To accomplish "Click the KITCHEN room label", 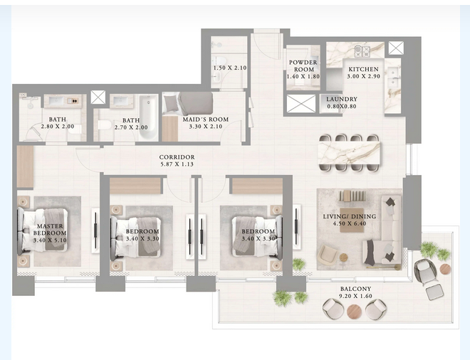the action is pos(363,69).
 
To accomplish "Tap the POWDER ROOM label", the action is pos(303,66).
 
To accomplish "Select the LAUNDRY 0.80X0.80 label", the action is pos(342,102).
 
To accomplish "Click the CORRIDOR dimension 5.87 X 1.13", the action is pos(177,164).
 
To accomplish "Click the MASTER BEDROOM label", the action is pos(50,229).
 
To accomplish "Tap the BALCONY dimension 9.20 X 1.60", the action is pos(355,296).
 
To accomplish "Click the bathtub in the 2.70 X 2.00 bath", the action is pos(148,117).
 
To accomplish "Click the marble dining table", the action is pos(349,153).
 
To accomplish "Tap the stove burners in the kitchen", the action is pos(362,51).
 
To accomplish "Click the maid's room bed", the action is pos(187,103).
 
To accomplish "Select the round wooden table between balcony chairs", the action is pos(355,312).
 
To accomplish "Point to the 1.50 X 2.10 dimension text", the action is pos(230,68).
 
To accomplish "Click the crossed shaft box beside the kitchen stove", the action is pos(396,48).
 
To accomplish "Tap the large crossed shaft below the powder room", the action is pos(301,104).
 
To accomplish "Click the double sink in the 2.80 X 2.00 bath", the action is pos(63,101).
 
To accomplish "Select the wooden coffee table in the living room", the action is pos(352,220).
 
